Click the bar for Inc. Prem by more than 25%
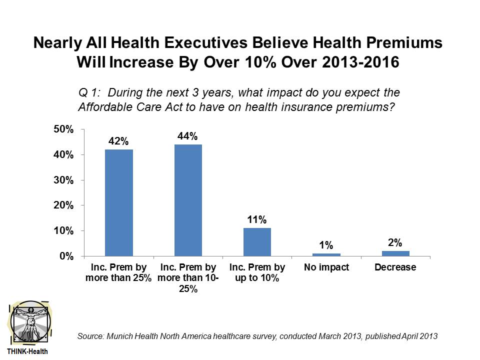tap(118, 202)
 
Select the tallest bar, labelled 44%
tap(187, 200)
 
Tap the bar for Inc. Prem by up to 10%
tap(257, 242)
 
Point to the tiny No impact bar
tap(326, 254)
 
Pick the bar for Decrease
tap(395, 253)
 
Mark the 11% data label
tap(257, 219)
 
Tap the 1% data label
tap(326, 245)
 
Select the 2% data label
tap(395, 242)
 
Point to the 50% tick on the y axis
tap(64, 129)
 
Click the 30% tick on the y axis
tap(64, 180)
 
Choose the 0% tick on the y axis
tap(67, 256)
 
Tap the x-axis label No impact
tap(326, 267)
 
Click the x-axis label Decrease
tap(395, 267)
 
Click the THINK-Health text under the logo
tap(27, 351)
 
